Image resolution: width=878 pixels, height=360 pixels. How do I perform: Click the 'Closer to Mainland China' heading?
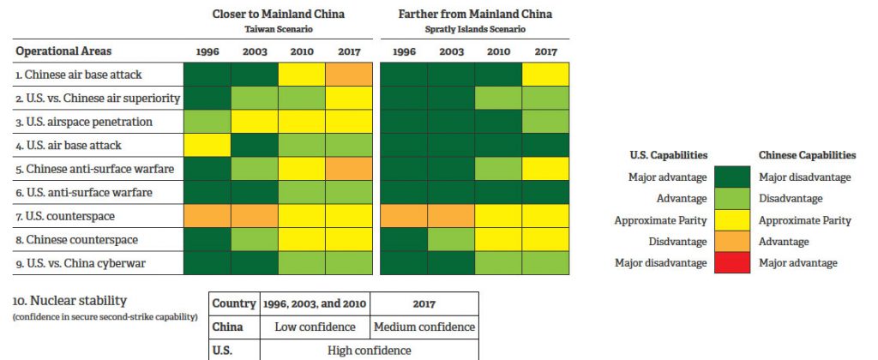(x=278, y=14)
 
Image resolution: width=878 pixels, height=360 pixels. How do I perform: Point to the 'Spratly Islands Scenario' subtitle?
(x=475, y=28)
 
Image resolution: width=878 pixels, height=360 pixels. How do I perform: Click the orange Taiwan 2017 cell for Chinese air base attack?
(x=349, y=75)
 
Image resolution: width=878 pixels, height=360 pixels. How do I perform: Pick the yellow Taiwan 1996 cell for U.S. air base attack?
(x=207, y=146)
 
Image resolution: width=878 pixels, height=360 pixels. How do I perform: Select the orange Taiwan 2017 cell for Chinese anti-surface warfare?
(x=349, y=169)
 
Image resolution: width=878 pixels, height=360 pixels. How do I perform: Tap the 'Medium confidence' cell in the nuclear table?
(x=424, y=327)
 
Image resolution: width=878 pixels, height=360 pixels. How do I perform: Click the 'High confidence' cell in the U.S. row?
(x=369, y=350)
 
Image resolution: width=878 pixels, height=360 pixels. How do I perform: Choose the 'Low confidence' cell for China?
(x=315, y=327)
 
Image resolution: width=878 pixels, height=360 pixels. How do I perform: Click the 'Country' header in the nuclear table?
(x=235, y=303)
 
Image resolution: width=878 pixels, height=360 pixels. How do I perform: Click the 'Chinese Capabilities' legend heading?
(x=807, y=155)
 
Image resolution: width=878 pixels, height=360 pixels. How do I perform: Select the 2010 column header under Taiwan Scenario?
(x=302, y=51)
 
